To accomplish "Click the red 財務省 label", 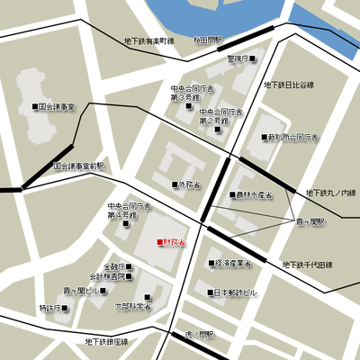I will [175, 242].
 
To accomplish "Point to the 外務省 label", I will [189, 185].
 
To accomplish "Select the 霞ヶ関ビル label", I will [79, 292].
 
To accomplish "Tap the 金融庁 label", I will [115, 266].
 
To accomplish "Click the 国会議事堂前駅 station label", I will [78, 166].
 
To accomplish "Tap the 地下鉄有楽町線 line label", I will [148, 40].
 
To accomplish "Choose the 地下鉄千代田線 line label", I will [308, 265].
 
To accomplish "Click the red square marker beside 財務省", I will [160, 242].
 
